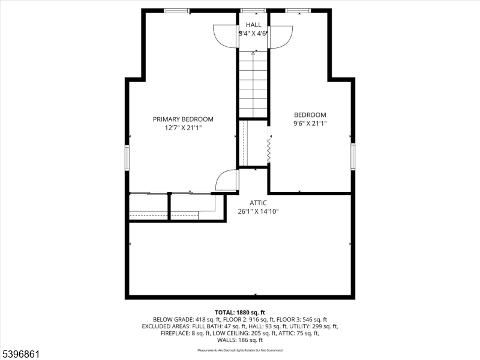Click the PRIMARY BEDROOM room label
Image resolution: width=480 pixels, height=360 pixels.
183,119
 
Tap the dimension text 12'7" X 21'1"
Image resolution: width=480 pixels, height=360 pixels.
183,127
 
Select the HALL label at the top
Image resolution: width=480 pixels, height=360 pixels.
253,25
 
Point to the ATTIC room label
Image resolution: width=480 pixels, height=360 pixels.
259,203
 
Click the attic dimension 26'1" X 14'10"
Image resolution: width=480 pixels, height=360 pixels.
259,211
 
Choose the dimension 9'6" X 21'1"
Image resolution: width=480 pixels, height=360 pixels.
310,124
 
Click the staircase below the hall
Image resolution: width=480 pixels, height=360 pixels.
253,84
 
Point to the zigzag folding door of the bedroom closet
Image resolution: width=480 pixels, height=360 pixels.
269,149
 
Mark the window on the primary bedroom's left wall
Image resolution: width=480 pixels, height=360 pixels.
127,157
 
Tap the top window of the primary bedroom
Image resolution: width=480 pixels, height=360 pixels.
176,10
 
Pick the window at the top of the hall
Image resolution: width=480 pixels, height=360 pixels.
253,10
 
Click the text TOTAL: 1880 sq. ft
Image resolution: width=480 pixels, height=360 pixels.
240,313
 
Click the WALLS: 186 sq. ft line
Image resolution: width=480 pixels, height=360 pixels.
240,340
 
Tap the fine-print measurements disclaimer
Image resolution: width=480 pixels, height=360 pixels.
240,350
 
